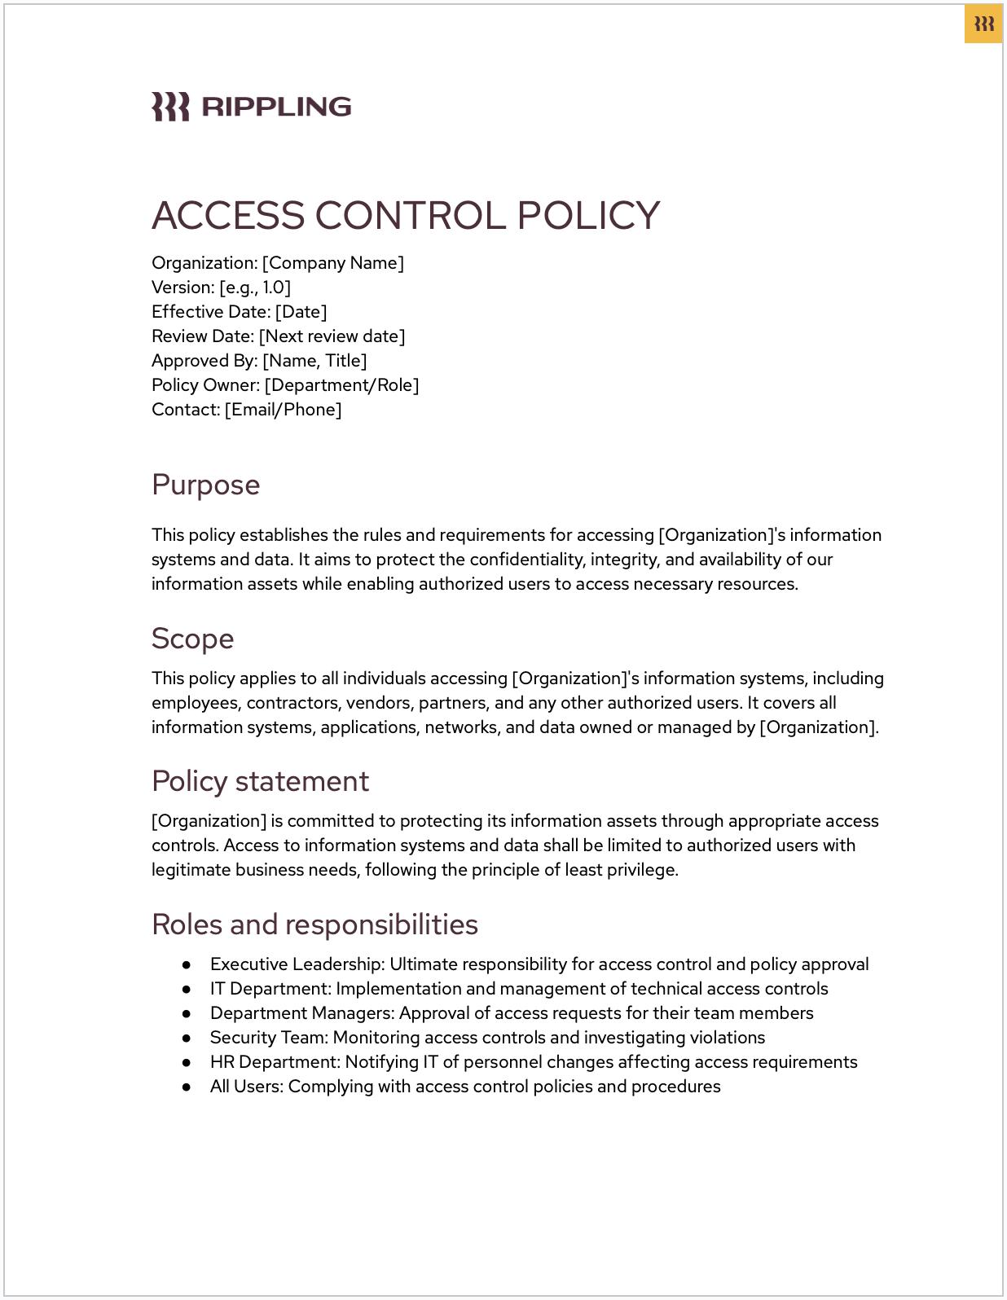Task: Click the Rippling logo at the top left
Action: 251,107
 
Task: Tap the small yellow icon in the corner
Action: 983,24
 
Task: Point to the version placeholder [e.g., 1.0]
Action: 255,288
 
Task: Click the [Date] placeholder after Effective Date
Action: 301,312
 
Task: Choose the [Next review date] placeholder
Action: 332,336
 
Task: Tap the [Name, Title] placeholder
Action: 314,361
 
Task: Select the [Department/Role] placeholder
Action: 341,385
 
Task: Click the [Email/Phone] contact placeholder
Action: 283,410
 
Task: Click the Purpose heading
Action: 205,485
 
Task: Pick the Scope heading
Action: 192,639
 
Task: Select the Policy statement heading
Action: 260,781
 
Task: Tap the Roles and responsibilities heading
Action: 314,924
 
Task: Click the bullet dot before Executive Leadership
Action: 187,965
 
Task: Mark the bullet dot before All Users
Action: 187,1087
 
